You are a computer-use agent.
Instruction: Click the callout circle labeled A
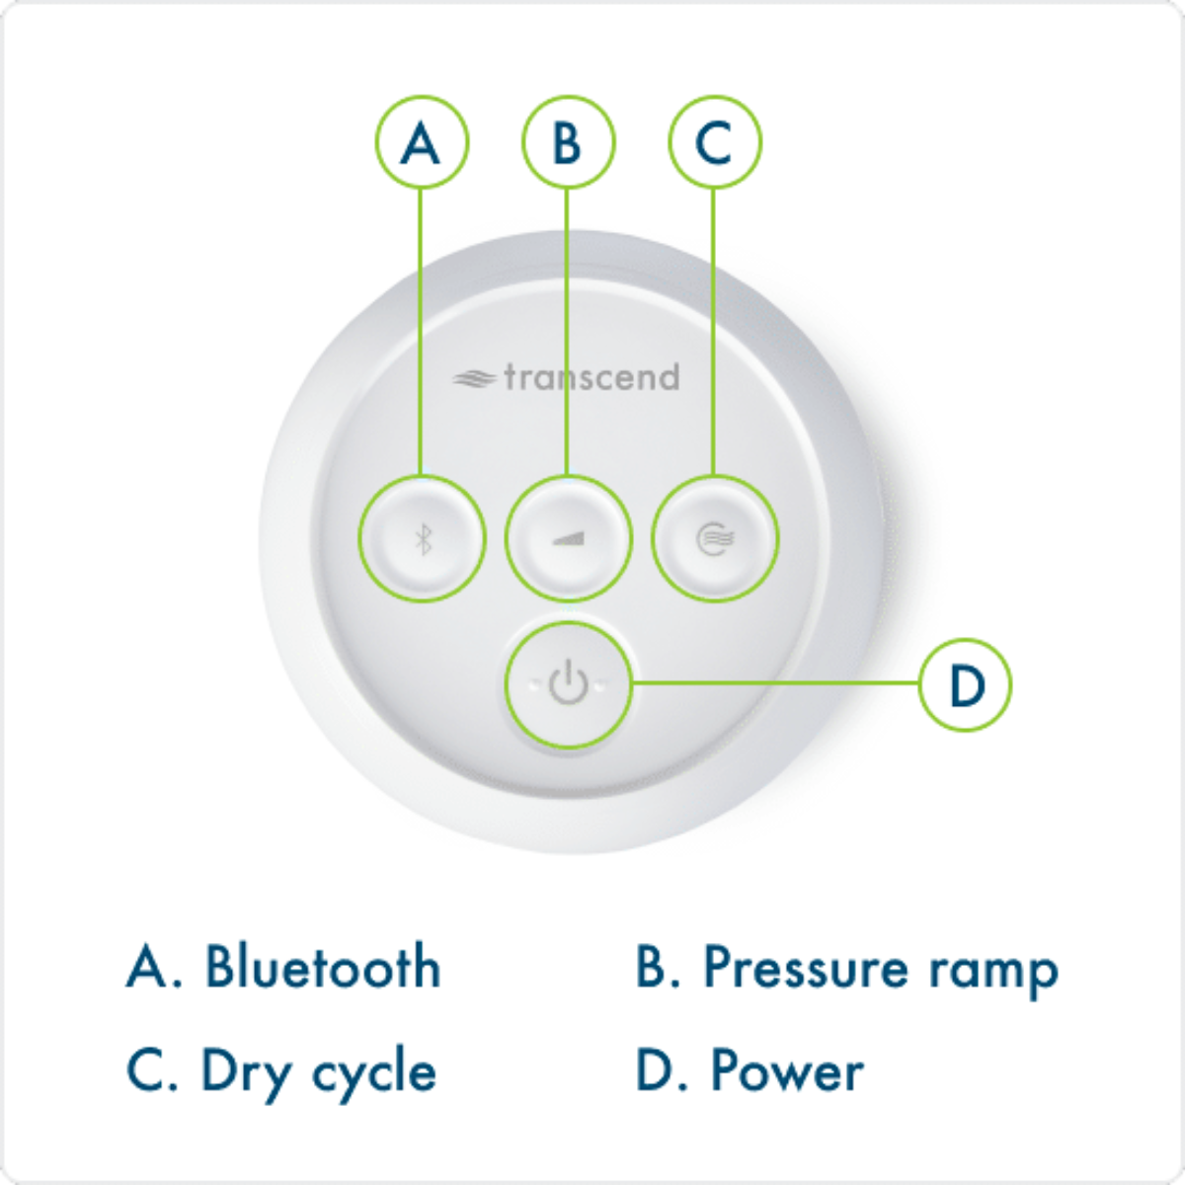[x=422, y=142]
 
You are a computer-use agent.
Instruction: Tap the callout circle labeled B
[x=568, y=142]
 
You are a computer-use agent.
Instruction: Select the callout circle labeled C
[x=714, y=142]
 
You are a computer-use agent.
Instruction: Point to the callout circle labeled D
[x=965, y=683]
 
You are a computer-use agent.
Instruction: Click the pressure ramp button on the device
[x=568, y=538]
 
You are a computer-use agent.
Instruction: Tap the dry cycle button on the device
[x=715, y=538]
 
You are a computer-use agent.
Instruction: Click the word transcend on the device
[x=592, y=377]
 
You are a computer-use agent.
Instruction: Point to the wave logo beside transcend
[x=474, y=378]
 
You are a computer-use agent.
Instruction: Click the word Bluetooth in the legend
[x=322, y=967]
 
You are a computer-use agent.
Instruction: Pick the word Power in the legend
[x=787, y=1071]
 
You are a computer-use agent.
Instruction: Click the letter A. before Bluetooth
[x=152, y=967]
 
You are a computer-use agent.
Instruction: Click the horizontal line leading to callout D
[x=775, y=682]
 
